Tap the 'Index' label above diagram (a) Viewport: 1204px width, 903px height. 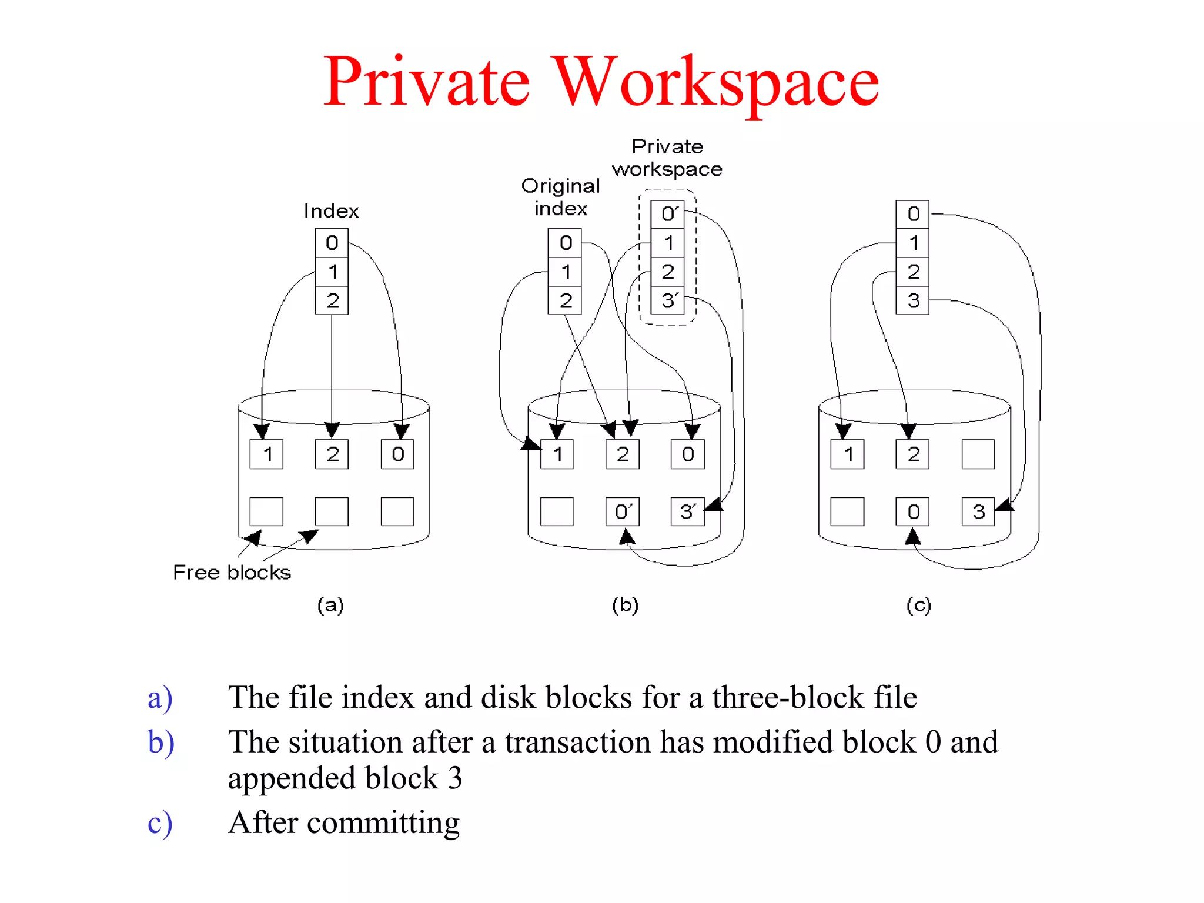pyautogui.click(x=331, y=211)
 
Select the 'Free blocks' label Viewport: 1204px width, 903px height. pyautogui.click(x=232, y=572)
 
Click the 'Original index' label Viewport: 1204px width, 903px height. pyautogui.click(x=560, y=197)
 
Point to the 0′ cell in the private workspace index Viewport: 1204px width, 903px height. pyautogui.click(x=668, y=214)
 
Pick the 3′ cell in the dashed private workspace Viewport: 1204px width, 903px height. pyautogui.click(x=668, y=300)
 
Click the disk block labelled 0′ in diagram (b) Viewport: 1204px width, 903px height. pyautogui.click(x=623, y=511)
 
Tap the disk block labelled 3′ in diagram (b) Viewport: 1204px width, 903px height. pyautogui.click(x=687, y=511)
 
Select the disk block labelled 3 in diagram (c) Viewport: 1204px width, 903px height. pyautogui.click(x=978, y=511)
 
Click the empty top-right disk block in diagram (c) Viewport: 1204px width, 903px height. pyautogui.click(x=978, y=454)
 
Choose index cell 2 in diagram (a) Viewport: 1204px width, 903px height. pyautogui.click(x=332, y=300)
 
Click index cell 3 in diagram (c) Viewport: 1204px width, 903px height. pyautogui.click(x=912, y=300)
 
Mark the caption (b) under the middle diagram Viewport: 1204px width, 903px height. pyautogui.click(x=625, y=605)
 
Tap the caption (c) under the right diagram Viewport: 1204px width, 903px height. pyautogui.click(x=918, y=605)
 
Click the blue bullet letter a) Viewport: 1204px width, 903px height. pyautogui.click(x=160, y=698)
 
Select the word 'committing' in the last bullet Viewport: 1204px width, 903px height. pyautogui.click(x=383, y=822)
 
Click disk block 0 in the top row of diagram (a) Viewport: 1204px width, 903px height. pyautogui.click(x=397, y=454)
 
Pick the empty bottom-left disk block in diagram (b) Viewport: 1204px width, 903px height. pyautogui.click(x=557, y=511)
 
